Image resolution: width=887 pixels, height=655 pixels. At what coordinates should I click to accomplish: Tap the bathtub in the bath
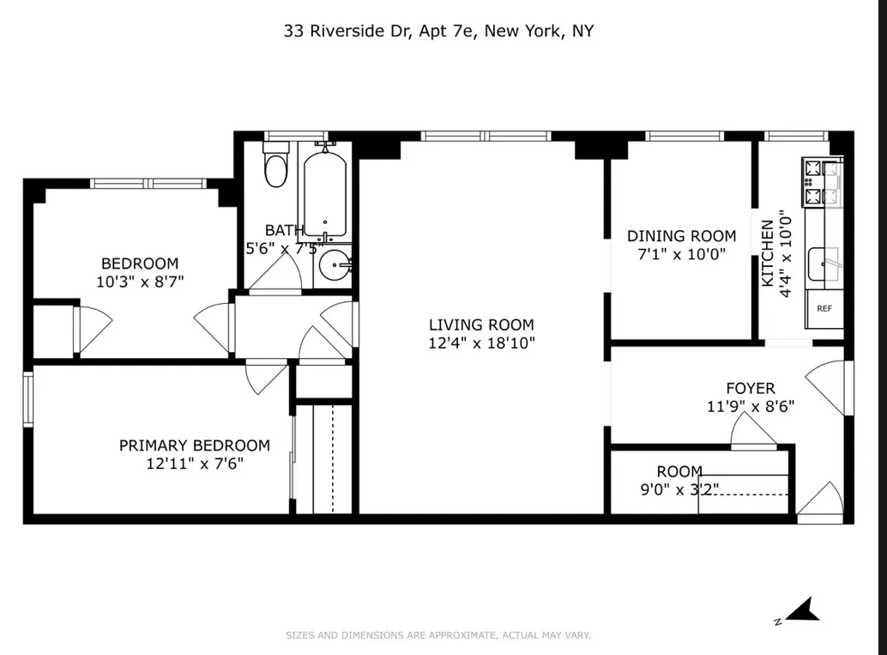click(x=323, y=193)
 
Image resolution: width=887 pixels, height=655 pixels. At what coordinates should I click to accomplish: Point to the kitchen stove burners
click(x=822, y=182)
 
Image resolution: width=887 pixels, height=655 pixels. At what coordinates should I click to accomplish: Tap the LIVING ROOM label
click(x=481, y=324)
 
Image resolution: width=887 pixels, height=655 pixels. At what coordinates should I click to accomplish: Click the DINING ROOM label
click(x=681, y=236)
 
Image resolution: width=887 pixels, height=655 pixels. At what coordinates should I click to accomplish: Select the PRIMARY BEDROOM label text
click(x=194, y=446)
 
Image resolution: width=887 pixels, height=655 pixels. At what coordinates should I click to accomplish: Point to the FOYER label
click(x=750, y=388)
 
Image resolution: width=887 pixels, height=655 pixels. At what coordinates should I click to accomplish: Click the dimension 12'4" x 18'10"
click(x=481, y=343)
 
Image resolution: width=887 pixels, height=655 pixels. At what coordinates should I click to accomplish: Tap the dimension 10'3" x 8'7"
click(x=140, y=281)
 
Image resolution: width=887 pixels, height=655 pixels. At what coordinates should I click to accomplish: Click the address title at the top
click(x=438, y=32)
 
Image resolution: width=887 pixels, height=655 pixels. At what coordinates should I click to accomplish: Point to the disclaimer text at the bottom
click(x=437, y=636)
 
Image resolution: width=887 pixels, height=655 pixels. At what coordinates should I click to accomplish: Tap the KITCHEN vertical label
click(x=768, y=253)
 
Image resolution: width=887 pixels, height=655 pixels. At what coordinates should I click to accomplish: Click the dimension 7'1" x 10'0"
click(x=681, y=254)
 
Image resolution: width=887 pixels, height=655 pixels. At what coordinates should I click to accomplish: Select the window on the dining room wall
click(x=684, y=136)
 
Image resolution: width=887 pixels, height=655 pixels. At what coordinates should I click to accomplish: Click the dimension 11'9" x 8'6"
click(x=750, y=407)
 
